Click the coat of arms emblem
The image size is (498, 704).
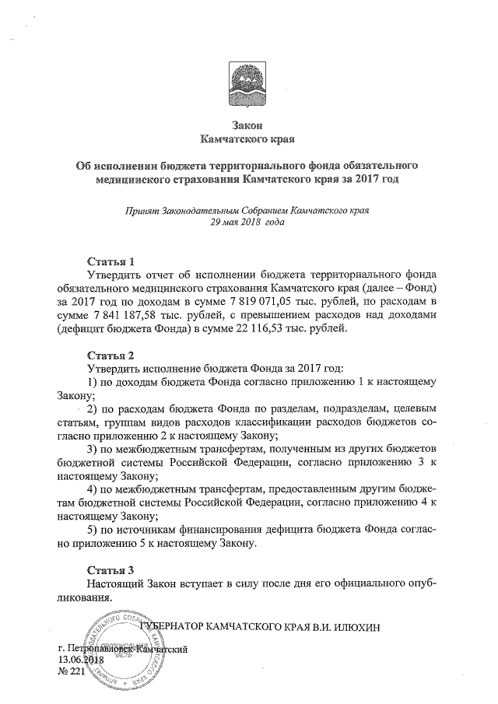(x=247, y=86)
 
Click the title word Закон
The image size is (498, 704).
(x=248, y=126)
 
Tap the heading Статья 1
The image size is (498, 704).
(x=115, y=260)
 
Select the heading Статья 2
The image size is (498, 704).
(x=115, y=353)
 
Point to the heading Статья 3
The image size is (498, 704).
(x=115, y=569)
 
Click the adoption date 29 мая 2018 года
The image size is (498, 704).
(x=247, y=222)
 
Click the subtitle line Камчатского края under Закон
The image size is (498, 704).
(x=248, y=140)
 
